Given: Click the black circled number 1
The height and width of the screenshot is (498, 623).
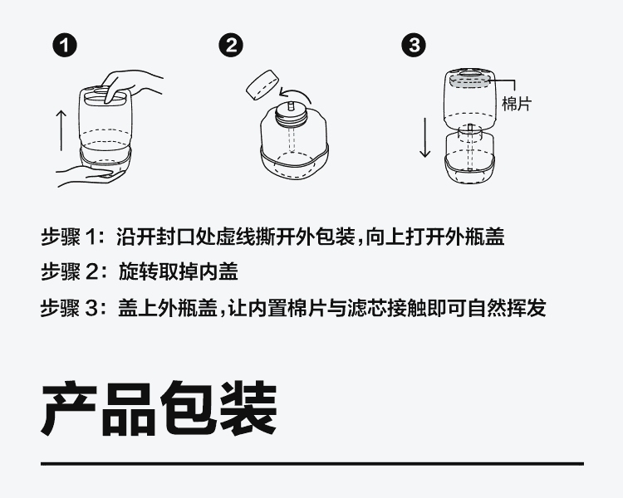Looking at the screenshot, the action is pyautogui.click(x=64, y=46).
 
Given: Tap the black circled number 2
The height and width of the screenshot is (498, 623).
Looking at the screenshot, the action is pyautogui.click(x=231, y=45).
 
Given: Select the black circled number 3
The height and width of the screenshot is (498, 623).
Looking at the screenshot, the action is pyautogui.click(x=413, y=45).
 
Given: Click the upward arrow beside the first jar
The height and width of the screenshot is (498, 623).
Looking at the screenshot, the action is pyautogui.click(x=61, y=130).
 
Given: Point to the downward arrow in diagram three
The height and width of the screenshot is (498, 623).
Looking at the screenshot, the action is pyautogui.click(x=425, y=138).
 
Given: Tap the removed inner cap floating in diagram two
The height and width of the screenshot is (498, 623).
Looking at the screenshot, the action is pyautogui.click(x=262, y=85).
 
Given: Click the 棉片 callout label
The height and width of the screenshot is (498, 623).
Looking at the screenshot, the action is pyautogui.click(x=517, y=104).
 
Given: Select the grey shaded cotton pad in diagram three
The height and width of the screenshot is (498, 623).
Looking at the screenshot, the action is pyautogui.click(x=469, y=81).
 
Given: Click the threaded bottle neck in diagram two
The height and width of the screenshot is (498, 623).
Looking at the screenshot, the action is pyautogui.click(x=292, y=115).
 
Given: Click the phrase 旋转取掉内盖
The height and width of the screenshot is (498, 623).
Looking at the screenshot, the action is pyautogui.click(x=178, y=272).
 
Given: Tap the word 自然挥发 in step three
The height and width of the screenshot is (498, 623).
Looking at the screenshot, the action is pyautogui.click(x=507, y=308).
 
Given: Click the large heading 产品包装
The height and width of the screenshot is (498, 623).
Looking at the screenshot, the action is pyautogui.click(x=159, y=408).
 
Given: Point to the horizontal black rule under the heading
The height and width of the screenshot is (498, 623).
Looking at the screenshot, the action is pyautogui.click(x=312, y=463).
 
